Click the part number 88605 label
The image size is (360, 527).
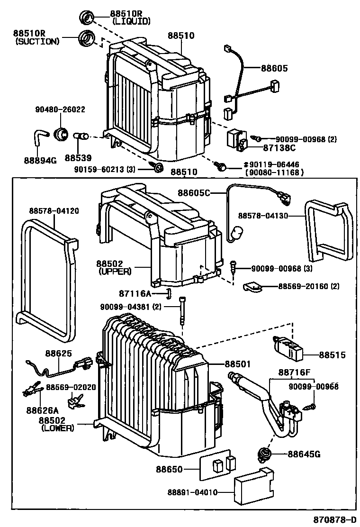pyautogui.click(x=274, y=68)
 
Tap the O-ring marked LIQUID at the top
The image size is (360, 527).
pyautogui.click(x=87, y=18)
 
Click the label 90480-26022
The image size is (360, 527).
pyautogui.click(x=60, y=109)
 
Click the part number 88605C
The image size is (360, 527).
pyautogui.click(x=194, y=192)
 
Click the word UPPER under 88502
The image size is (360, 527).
pyautogui.click(x=115, y=272)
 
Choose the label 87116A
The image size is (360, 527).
pyautogui.click(x=135, y=294)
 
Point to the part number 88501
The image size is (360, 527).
pyautogui.click(x=237, y=364)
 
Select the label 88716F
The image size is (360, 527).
pyautogui.click(x=294, y=373)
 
